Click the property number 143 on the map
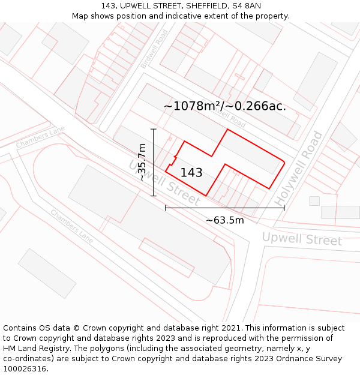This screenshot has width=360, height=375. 191,173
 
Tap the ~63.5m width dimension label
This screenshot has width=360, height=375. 225,220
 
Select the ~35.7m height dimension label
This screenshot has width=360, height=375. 142,162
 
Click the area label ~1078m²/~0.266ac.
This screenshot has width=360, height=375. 225,106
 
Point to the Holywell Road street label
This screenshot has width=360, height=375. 299,169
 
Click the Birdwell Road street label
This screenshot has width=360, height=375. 153,49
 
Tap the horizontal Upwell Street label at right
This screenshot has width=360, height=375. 302,239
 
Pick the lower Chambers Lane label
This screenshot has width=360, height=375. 71,226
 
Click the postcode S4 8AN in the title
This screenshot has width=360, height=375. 245,6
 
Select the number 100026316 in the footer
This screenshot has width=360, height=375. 25,369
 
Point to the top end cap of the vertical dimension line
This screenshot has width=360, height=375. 154,129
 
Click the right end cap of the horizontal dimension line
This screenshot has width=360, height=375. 284,208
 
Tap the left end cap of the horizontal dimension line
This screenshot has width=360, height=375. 166,208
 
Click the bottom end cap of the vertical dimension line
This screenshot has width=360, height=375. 154,196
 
